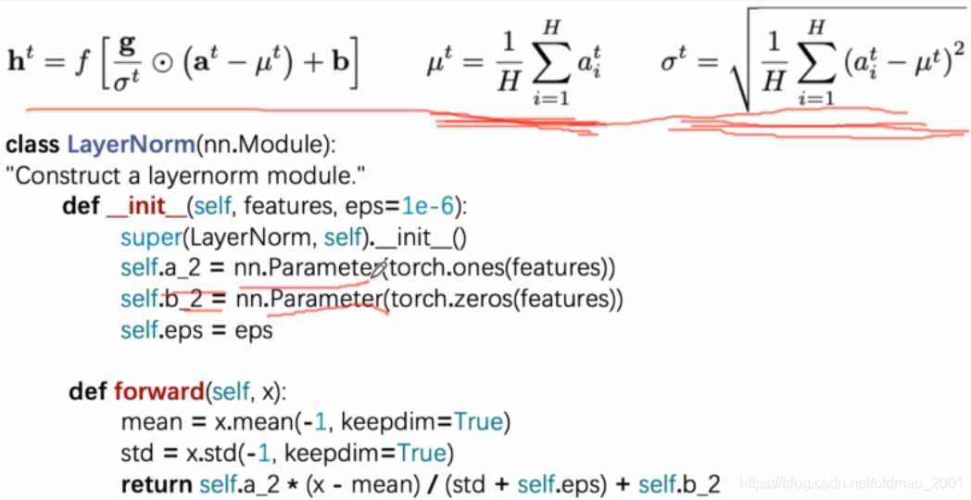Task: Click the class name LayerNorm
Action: (131, 146)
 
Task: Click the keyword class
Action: (33, 146)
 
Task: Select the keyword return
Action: (156, 483)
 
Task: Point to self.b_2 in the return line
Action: (682, 483)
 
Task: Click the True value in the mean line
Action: (478, 422)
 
